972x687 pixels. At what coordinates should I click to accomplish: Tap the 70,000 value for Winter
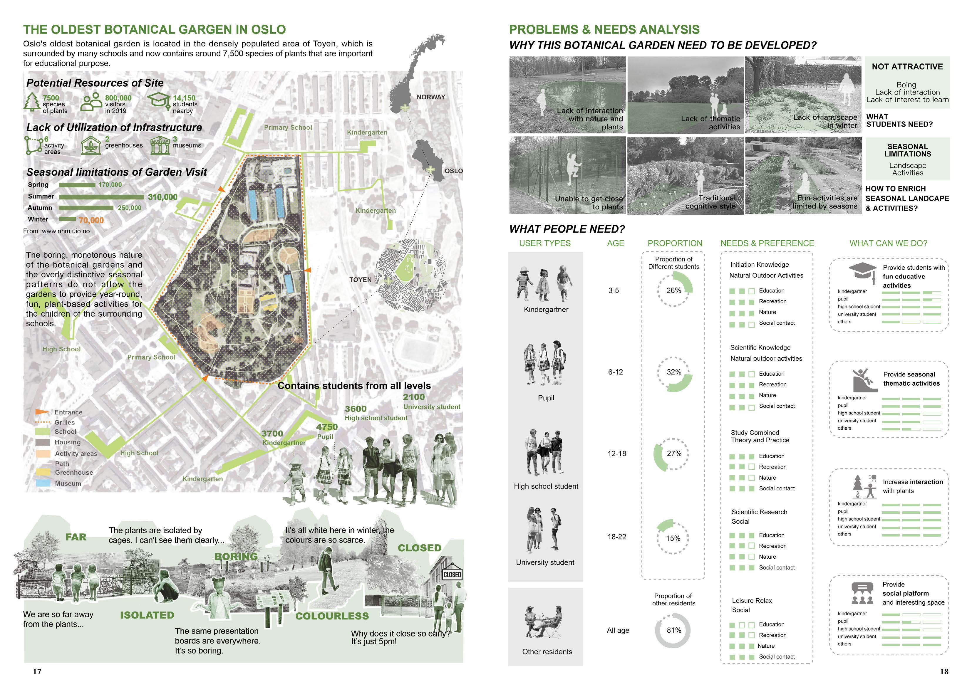click(91, 220)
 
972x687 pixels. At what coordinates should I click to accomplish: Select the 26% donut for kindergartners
click(674, 290)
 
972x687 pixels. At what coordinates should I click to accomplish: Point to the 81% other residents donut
click(673, 630)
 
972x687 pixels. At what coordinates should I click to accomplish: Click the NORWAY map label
click(430, 97)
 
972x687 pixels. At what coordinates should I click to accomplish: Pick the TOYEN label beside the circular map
click(360, 280)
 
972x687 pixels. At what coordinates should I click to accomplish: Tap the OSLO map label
click(453, 171)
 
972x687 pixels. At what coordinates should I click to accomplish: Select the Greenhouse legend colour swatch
click(43, 472)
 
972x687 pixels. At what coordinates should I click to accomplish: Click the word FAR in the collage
click(76, 537)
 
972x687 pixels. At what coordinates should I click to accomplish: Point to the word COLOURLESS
click(332, 616)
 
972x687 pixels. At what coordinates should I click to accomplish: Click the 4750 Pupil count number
click(327, 427)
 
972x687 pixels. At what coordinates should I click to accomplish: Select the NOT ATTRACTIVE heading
click(907, 66)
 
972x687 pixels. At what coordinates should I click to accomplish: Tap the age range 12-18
click(617, 453)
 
